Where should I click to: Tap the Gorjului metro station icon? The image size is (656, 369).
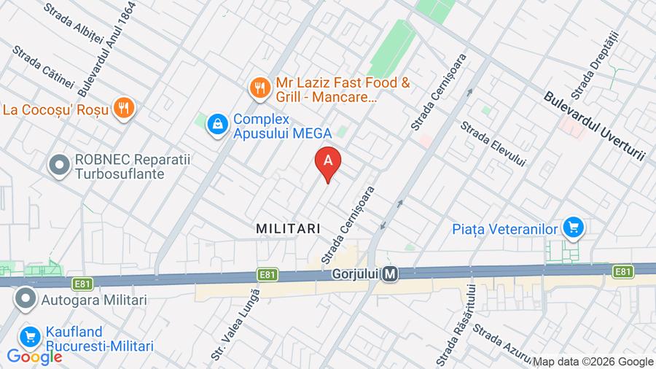point(391,275)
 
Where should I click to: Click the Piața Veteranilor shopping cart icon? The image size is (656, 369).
point(574,229)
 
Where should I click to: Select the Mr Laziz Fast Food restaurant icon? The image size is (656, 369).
point(259,89)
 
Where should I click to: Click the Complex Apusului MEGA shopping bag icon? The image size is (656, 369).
point(216,125)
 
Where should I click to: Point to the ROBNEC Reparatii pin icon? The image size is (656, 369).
point(58,166)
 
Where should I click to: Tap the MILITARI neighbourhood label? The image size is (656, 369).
point(288,228)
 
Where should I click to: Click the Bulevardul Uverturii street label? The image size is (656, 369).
point(595,126)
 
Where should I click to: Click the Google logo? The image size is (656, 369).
point(34,357)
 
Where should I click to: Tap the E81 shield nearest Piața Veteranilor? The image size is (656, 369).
point(622,271)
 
